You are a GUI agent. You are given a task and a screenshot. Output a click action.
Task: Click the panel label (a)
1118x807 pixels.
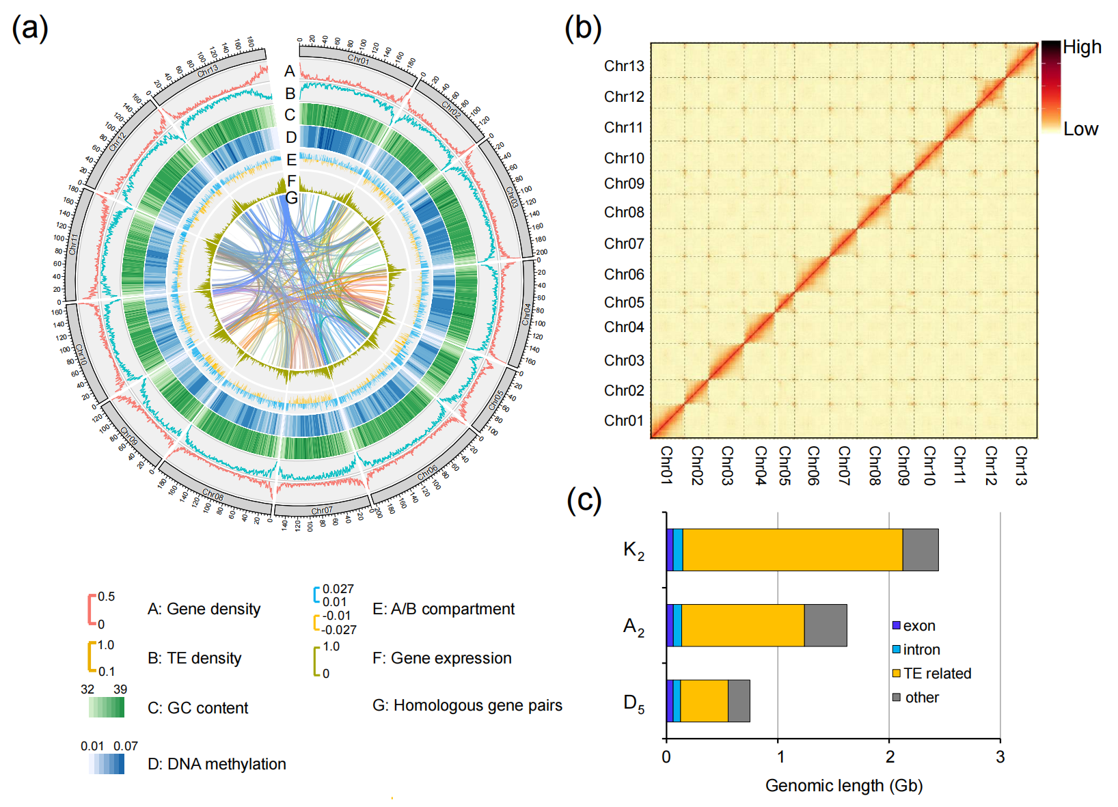point(30,29)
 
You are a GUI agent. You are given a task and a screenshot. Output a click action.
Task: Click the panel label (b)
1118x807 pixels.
point(583,29)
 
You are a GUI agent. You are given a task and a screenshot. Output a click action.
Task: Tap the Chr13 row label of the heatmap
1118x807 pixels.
point(624,66)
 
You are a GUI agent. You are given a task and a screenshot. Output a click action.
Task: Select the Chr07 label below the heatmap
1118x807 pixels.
point(844,465)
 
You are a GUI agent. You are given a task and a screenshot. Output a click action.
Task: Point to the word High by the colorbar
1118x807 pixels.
point(1082,47)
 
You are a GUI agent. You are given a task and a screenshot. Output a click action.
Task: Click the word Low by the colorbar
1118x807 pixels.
point(1080,129)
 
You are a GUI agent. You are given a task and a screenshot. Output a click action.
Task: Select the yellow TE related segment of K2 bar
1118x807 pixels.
point(793,549)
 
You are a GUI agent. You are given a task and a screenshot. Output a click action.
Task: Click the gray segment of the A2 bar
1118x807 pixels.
point(826,625)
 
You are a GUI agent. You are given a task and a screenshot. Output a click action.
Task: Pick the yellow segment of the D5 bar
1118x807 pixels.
point(704,701)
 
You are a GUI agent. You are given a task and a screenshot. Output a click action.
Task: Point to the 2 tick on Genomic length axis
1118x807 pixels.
point(889,756)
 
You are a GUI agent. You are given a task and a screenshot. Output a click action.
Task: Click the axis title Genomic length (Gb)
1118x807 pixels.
point(844,786)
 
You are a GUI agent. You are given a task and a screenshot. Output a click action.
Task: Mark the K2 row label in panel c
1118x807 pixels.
point(633,550)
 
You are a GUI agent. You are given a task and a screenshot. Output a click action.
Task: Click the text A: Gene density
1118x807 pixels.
point(204,609)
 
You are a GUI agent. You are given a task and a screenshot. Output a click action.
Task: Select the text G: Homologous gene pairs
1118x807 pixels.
point(467,705)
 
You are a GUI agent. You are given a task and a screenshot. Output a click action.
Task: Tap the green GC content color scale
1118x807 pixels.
point(106,707)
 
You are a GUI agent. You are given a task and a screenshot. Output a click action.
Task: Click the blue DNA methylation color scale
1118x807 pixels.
point(106,763)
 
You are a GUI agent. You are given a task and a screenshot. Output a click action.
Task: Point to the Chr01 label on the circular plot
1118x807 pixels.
point(358,59)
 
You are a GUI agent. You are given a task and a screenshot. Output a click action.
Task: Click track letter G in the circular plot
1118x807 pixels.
point(292,198)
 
